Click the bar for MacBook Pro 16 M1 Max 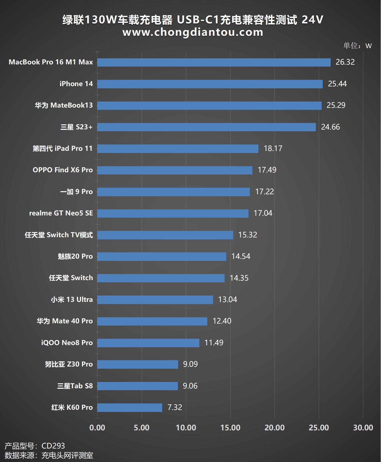(214, 62)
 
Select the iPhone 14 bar (210, 84)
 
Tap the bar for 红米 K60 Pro (130, 408)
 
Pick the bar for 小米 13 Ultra (155, 300)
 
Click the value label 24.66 (330, 127)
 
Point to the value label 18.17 (273, 149)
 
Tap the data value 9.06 (190, 386)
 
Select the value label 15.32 (248, 235)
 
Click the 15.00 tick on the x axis (230, 428)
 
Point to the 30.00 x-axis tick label (363, 428)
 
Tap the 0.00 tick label (97, 428)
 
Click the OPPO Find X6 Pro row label (63, 170)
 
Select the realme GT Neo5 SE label (61, 213)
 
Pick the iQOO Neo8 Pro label (67, 343)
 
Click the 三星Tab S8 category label (75, 386)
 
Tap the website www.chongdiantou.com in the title (193, 32)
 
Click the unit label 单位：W (357, 46)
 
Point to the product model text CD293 (53, 446)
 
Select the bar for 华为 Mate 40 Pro (152, 321)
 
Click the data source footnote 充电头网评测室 (67, 455)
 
